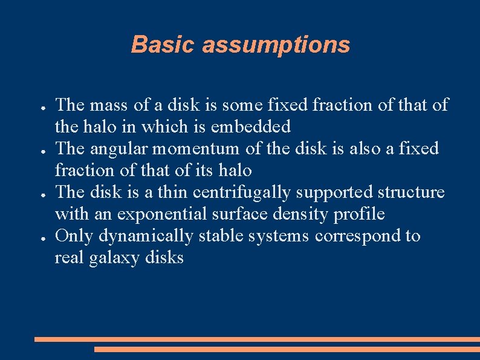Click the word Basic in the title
(x=163, y=45)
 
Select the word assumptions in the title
(x=276, y=45)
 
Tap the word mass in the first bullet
(x=108, y=105)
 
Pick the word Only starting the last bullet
(x=74, y=236)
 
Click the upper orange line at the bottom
(x=257, y=339)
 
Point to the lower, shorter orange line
(x=287, y=349)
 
